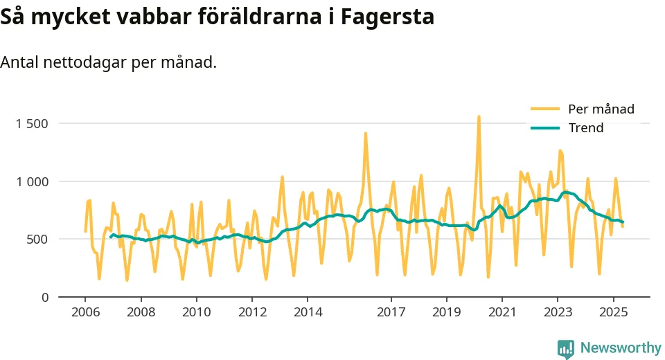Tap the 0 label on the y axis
pos(44,297)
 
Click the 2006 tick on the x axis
pos(85,312)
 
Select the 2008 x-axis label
pos(141,312)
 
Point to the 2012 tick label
pos(252,312)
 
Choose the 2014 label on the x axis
pos(308,312)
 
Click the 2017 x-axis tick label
pos(391,312)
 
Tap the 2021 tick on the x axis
pos(502,312)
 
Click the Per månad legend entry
pos(601,109)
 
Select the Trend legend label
pos(585,128)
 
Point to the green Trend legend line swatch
pos(544,128)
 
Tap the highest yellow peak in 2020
pos(479,118)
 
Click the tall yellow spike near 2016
pos(366,134)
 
